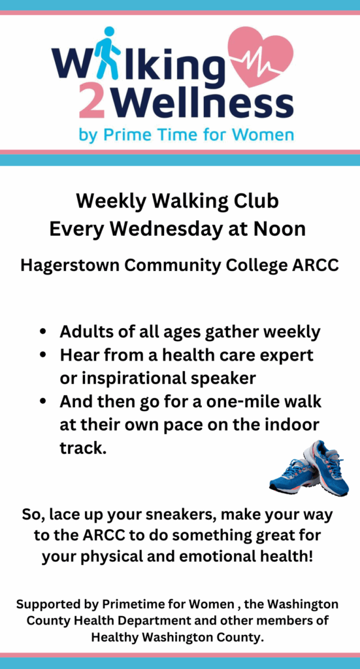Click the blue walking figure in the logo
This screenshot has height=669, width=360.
coord(107,53)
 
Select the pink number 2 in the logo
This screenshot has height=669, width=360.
coord(92,102)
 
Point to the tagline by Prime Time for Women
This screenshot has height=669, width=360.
coord(186,135)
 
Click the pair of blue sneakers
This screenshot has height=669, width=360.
coord(309,469)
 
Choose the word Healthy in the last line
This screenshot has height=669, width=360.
coord(113,638)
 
